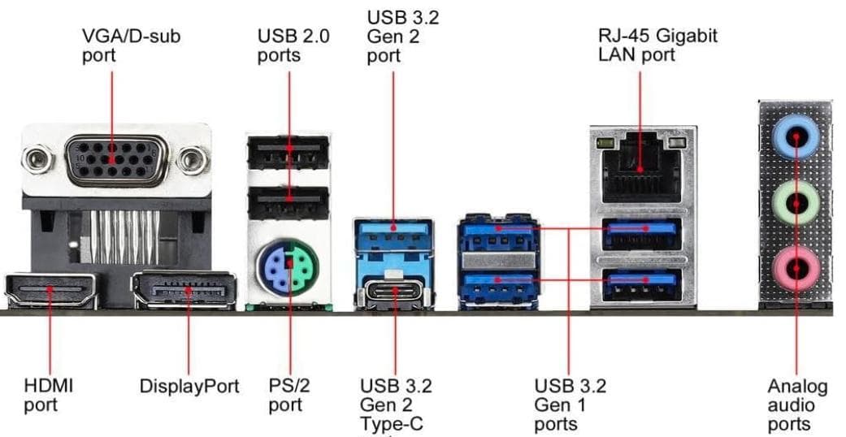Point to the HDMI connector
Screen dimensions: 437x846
coord(52,290)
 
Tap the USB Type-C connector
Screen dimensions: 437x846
coord(394,291)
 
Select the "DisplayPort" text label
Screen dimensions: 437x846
coord(189,386)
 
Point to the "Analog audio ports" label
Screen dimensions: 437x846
coord(797,405)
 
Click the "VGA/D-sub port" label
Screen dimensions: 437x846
coord(131,45)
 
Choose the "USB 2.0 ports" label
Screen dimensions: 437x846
coord(293,45)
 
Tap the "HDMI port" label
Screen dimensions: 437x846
coord(48,395)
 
